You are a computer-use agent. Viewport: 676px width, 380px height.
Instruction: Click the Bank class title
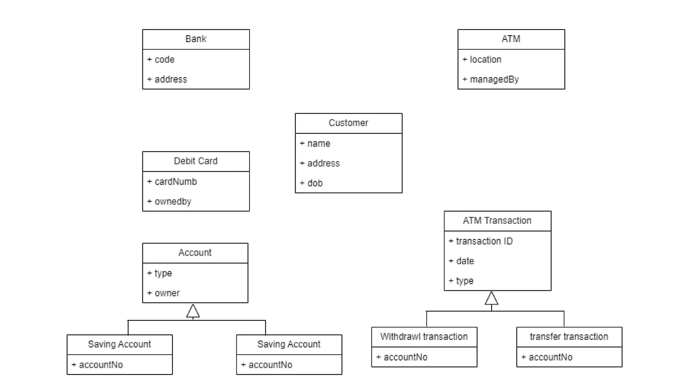pos(196,39)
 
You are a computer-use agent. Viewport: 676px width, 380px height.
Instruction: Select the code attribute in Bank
pos(164,60)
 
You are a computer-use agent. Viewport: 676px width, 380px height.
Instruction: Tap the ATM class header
pos(511,39)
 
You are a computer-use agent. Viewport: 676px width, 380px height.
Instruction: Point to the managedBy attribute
pos(494,79)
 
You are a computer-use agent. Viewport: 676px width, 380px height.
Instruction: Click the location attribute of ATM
pos(485,60)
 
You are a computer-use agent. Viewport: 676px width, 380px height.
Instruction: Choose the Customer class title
pos(348,123)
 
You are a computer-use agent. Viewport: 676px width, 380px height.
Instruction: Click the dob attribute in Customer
pos(315,183)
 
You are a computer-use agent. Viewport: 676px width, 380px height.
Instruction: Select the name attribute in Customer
pos(318,144)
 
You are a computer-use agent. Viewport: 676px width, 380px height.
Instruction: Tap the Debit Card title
pos(195,161)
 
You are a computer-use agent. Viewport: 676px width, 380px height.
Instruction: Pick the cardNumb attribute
pos(175,182)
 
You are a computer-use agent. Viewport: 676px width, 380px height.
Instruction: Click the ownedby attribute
pos(173,202)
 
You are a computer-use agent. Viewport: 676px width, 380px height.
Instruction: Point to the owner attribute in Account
pos(167,293)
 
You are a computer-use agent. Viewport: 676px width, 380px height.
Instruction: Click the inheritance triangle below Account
pos(193,311)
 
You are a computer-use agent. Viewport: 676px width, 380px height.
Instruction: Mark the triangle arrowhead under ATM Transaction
pos(491,299)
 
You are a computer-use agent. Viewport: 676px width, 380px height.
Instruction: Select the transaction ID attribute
pos(484,241)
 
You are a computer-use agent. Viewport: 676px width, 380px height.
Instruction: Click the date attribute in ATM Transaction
pos(465,261)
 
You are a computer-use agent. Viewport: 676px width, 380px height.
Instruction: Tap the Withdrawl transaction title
pos(424,337)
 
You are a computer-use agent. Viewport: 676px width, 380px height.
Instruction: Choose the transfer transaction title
pos(569,337)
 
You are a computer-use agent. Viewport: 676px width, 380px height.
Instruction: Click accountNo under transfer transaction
pos(550,357)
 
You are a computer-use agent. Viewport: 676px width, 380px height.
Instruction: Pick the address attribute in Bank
pos(170,79)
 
